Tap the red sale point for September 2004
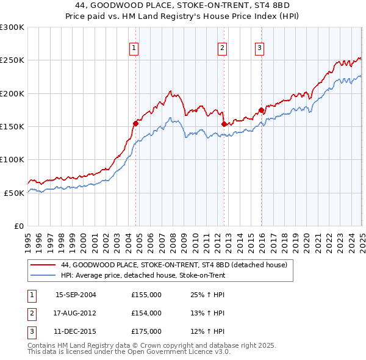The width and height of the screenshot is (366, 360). pyautogui.click(x=135, y=123)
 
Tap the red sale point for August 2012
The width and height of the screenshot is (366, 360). pyautogui.click(x=224, y=124)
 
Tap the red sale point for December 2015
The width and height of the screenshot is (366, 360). pyautogui.click(x=261, y=110)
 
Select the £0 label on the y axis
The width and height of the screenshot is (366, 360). pyautogui.click(x=18, y=226)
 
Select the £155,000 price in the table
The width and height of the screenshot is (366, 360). pyautogui.click(x=146, y=295)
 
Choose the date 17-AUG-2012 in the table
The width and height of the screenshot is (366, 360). pyautogui.click(x=76, y=314)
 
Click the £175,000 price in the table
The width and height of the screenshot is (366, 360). pyautogui.click(x=146, y=332)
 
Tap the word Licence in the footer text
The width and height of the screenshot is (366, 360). pyautogui.click(x=204, y=351)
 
